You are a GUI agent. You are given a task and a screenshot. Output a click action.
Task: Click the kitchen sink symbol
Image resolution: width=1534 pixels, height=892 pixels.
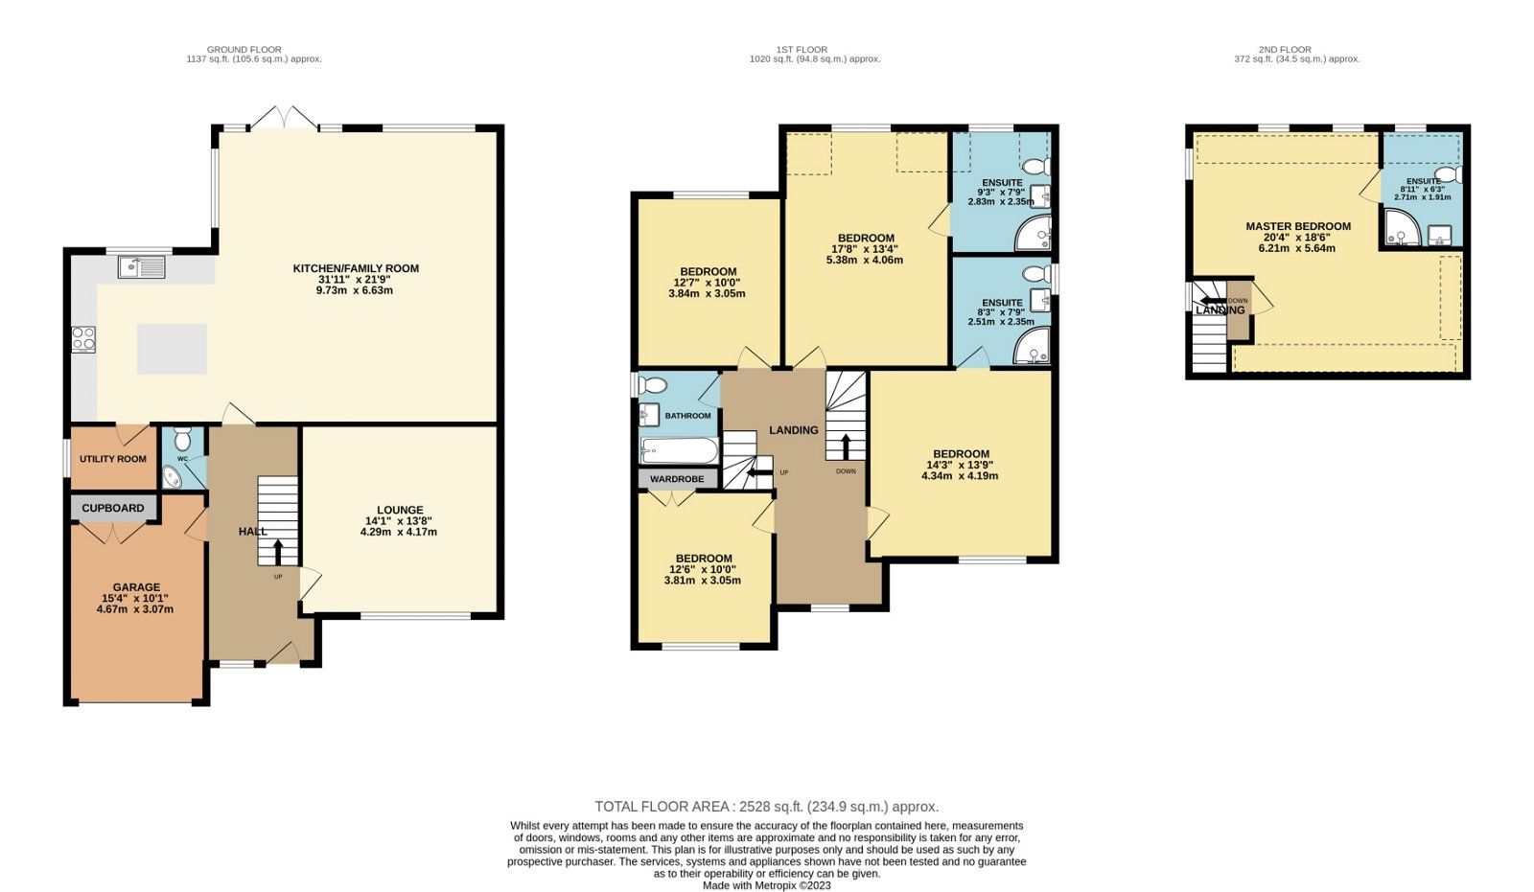[142, 267]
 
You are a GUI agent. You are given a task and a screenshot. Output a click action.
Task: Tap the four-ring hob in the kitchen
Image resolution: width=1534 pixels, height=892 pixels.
[83, 339]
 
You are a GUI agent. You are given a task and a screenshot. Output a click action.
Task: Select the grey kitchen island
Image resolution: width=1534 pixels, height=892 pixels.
[172, 349]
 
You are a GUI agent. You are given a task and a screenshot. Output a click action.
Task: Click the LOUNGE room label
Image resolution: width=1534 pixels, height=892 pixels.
[400, 510]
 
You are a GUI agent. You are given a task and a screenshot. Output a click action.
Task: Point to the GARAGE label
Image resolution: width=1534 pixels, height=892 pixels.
[136, 587]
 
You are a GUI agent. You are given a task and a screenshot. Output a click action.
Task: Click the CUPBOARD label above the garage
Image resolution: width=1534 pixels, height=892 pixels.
[113, 509]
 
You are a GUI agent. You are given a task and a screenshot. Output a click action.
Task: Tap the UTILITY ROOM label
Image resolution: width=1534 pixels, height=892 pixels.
[113, 459]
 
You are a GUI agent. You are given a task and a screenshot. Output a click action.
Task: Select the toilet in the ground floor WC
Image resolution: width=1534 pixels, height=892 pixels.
[183, 438]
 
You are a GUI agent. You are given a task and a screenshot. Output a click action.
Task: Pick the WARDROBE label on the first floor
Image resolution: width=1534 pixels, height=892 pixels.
[677, 479]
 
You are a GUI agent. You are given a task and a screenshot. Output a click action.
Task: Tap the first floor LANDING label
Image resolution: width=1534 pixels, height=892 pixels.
[794, 430]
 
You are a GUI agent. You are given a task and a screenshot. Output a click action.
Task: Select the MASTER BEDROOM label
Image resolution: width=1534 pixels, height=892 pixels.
[1298, 227]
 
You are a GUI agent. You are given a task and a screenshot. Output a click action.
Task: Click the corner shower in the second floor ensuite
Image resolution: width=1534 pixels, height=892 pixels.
[1401, 226]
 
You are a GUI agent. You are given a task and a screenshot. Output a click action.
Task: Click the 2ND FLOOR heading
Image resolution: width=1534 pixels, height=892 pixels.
[1285, 49]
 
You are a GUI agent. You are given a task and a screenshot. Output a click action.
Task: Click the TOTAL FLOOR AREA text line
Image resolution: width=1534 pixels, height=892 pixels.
[766, 807]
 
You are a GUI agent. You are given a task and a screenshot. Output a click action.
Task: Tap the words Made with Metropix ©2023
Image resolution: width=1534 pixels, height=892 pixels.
[766, 885]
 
